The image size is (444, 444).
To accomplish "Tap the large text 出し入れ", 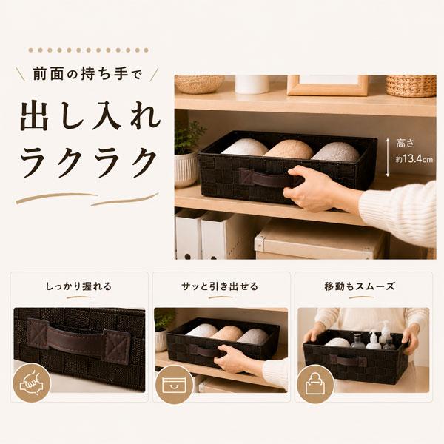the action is coord(90,117).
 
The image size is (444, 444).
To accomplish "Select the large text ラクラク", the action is coord(89,163).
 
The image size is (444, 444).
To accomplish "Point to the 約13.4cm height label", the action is coord(414,159).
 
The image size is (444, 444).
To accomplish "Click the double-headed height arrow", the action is coord(388,158).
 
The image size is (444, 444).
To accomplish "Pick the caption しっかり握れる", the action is coord(78,286).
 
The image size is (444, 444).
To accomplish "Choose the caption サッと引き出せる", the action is coord(220,286).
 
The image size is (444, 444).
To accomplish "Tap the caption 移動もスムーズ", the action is coord(360,286).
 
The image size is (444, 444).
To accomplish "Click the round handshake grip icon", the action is coord(32,383).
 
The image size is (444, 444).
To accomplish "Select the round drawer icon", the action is coord(174,383).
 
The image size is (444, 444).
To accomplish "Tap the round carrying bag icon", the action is coord(315,383).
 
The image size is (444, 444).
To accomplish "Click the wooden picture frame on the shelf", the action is coord(328,85).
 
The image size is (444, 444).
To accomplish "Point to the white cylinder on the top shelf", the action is coord(252,84).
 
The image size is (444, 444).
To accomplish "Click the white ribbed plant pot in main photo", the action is coord(186,169).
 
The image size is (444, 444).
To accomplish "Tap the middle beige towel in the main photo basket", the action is coord(289,149).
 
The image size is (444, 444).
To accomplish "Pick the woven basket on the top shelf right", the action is coord(411,86).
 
